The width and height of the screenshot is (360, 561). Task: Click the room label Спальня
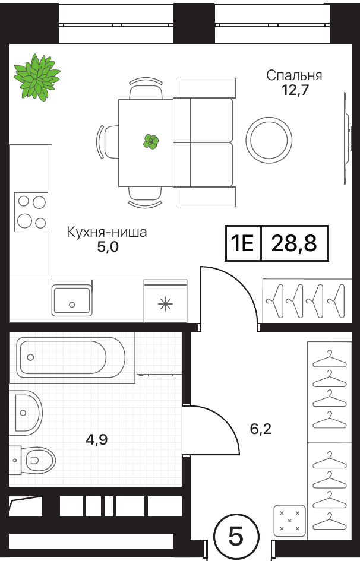(294, 75)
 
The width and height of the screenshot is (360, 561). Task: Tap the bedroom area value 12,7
(295, 90)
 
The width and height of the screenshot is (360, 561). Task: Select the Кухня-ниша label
(107, 232)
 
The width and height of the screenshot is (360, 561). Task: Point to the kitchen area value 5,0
(108, 247)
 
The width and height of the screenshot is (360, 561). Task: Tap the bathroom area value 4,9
(97, 439)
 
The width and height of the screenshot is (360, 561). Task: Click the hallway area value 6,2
(261, 429)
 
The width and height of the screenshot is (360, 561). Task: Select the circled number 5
(236, 537)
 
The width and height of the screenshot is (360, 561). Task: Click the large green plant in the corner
(37, 77)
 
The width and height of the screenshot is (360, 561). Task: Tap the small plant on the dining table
(151, 142)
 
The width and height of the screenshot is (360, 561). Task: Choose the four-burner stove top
(31, 212)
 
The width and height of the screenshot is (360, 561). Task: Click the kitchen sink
(72, 300)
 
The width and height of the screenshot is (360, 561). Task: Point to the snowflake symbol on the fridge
(165, 304)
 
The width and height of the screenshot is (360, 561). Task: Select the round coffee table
(269, 140)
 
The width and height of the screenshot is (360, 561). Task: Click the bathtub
(71, 357)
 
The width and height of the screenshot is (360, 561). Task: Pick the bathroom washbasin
(25, 413)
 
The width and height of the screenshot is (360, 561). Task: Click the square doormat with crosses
(289, 521)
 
